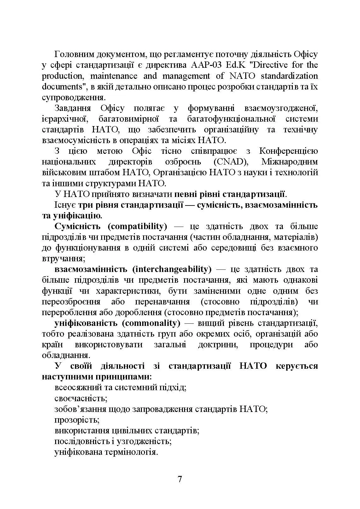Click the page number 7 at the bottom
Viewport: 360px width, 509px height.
point(180,479)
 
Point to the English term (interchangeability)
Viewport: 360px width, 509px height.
point(172,269)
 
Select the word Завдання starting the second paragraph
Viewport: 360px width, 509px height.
point(73,108)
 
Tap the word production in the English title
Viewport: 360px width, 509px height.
point(57,76)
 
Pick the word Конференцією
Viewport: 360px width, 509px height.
point(288,151)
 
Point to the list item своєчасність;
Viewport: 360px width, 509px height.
point(81,398)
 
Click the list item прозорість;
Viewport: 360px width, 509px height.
point(77,420)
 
